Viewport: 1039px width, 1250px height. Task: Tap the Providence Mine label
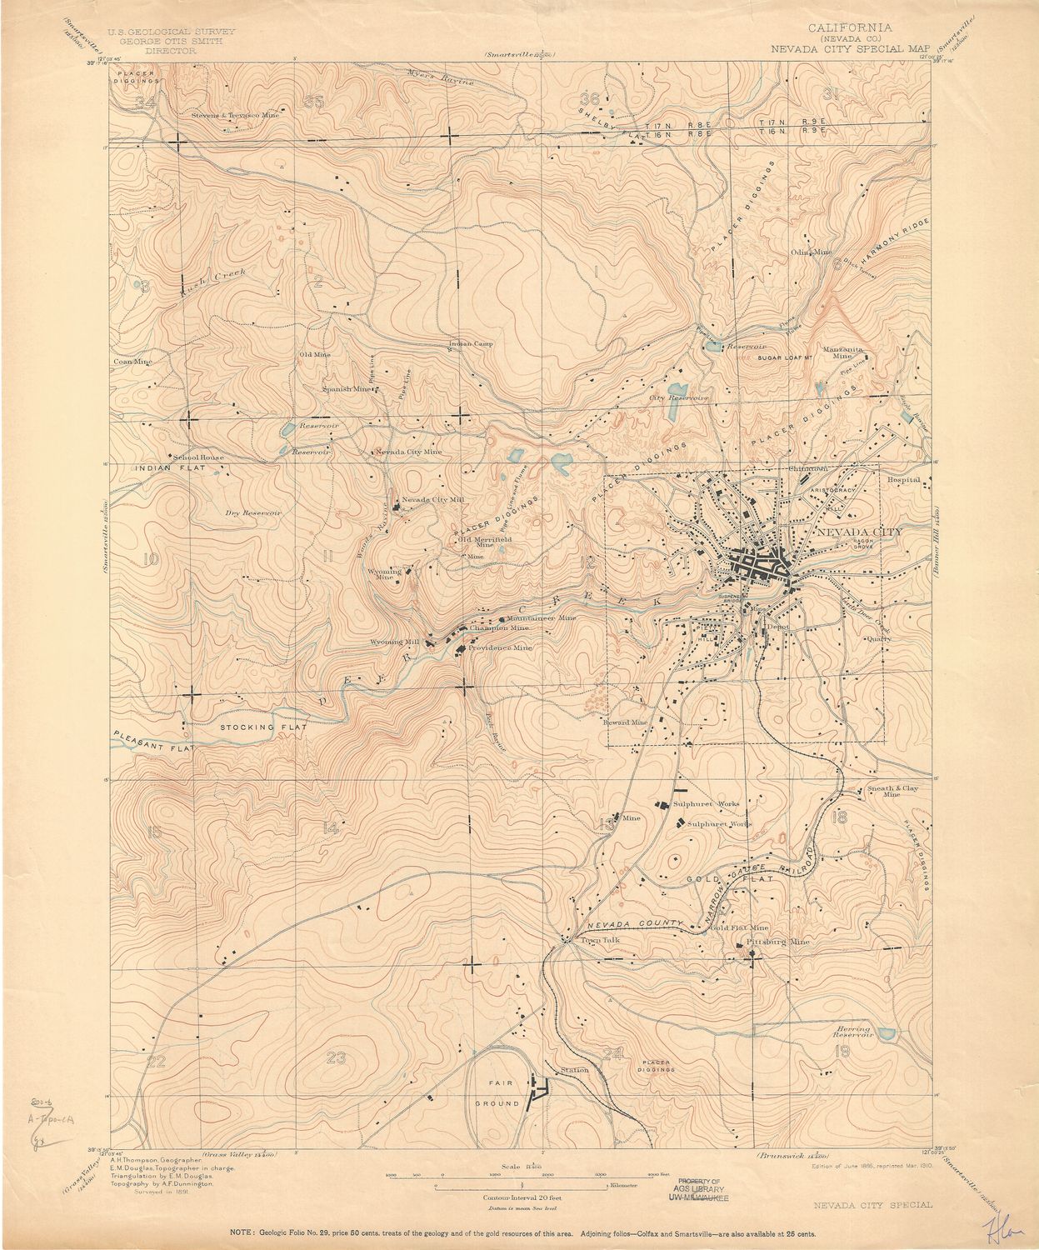(499, 647)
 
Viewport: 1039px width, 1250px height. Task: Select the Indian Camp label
(472, 343)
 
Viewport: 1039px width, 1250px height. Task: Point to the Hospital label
(903, 480)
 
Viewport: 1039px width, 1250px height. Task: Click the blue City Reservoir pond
(679, 388)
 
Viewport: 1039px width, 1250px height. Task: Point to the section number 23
(336, 1058)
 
